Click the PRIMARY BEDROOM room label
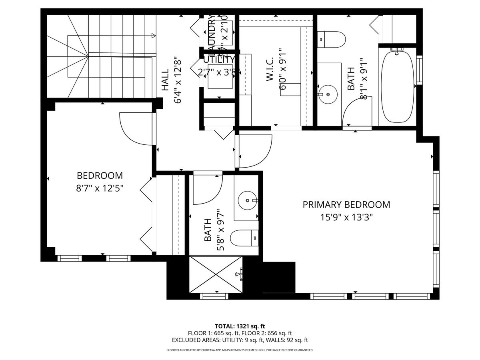pos(346,205)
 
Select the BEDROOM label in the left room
pos(100,176)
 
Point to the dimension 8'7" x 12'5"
pos(100,188)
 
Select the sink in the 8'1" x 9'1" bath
pos(328,95)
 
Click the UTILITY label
pos(219,60)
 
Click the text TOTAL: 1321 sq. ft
pos(240,326)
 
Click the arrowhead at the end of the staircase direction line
pos(154,36)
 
